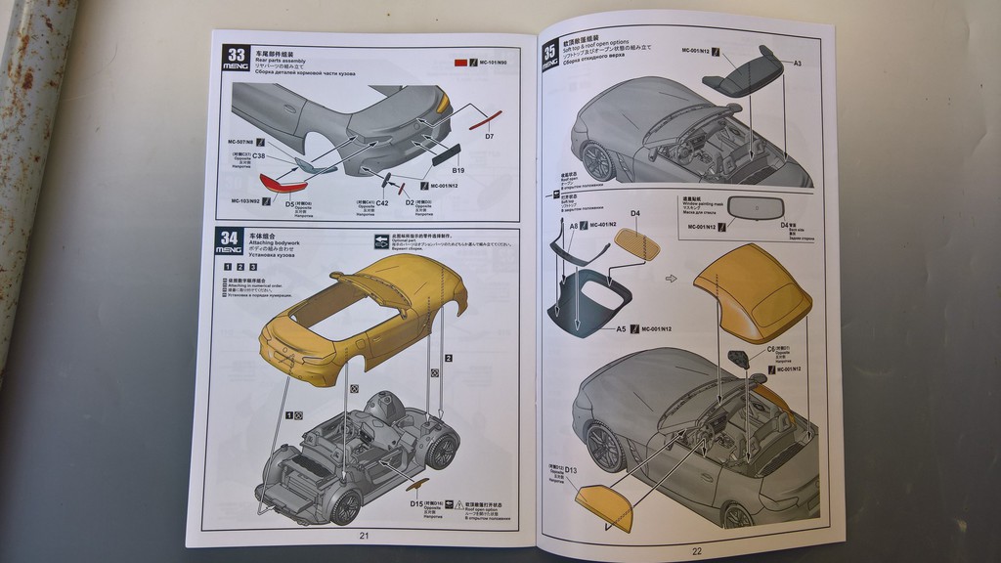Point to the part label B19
457,171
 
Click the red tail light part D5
282,181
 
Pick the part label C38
259,156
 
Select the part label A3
797,64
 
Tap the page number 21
364,535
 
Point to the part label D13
571,470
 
